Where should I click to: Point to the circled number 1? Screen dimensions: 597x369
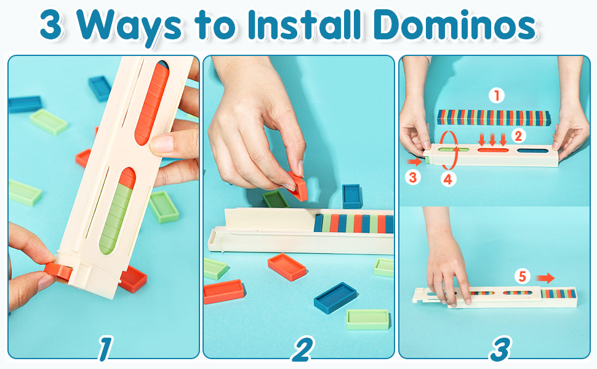497,95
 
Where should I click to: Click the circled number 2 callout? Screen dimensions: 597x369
518,136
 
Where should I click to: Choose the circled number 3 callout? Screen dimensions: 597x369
413,177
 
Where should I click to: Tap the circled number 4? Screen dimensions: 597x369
448,179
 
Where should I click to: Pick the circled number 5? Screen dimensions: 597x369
523,277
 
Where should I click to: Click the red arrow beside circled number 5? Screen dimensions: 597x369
545,278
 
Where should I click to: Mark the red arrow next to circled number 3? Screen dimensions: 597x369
415,162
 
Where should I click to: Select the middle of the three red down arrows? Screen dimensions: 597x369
492,140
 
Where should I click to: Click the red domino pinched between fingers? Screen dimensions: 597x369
297,186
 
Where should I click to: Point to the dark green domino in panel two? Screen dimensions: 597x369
275,199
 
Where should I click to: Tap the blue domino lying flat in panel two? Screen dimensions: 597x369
335,298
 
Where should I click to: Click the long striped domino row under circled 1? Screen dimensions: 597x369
494,117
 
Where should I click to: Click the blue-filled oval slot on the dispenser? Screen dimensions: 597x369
532,151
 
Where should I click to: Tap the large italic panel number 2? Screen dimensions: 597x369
303,349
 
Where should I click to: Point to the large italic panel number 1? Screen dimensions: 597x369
105,349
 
